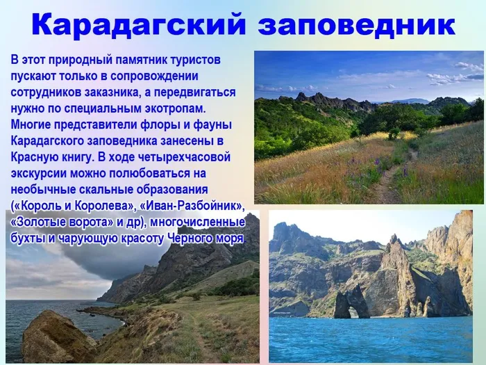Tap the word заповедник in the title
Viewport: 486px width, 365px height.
point(357,25)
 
